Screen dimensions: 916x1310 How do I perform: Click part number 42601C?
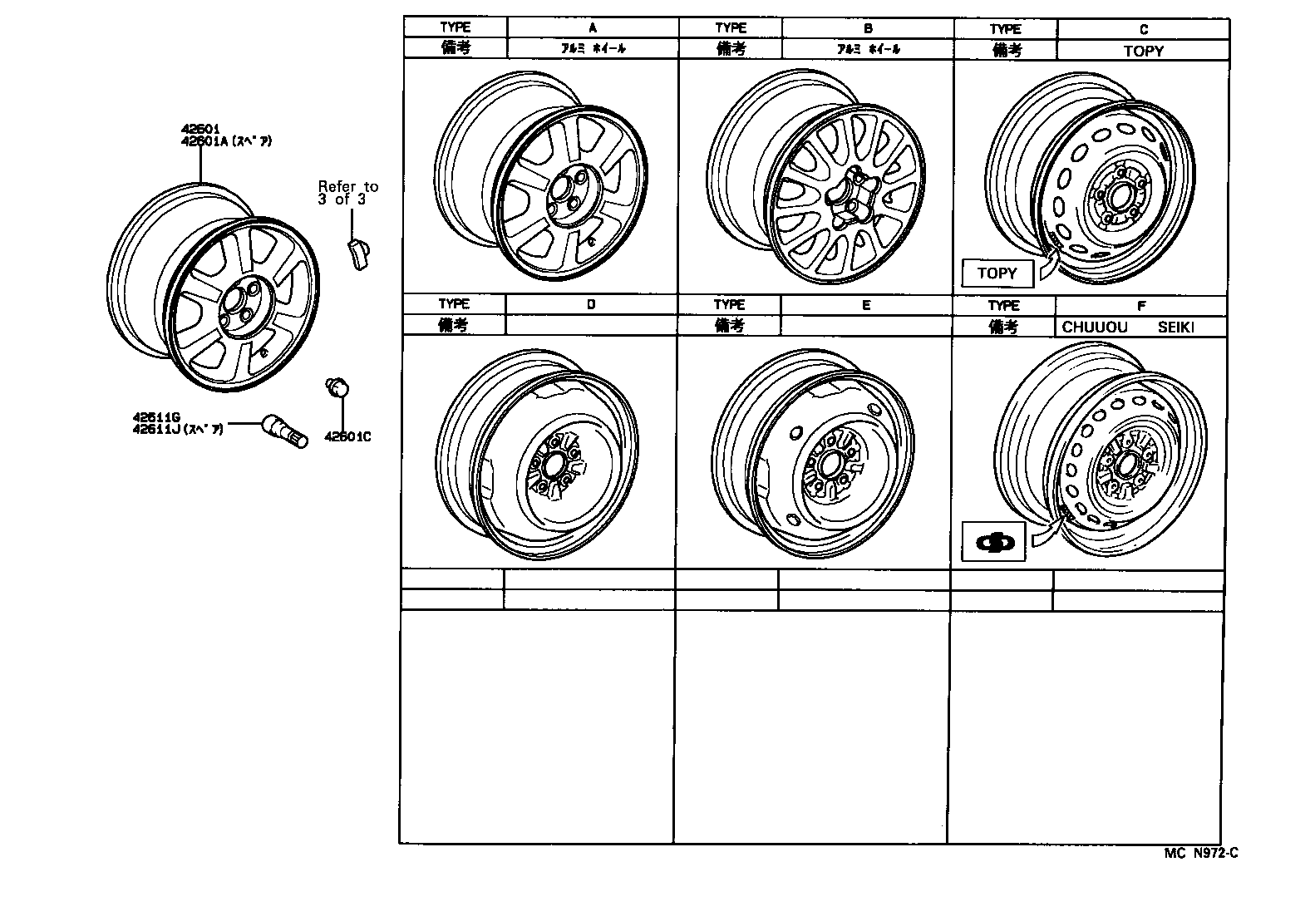click(347, 436)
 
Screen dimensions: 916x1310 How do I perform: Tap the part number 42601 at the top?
click(199, 130)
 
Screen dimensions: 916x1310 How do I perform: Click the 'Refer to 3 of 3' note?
click(347, 193)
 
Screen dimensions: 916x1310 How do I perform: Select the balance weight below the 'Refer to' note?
click(359, 250)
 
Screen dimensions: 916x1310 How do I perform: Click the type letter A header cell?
click(592, 28)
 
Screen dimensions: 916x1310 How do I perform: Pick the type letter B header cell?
click(867, 28)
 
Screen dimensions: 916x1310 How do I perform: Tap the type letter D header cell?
click(590, 304)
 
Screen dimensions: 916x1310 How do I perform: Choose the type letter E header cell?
click(865, 305)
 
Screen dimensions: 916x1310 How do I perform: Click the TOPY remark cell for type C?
click(1143, 51)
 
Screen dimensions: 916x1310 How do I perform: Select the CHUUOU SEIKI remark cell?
click(1140, 327)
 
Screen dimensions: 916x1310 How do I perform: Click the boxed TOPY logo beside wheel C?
click(997, 273)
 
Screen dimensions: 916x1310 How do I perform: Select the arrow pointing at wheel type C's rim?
click(1049, 264)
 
